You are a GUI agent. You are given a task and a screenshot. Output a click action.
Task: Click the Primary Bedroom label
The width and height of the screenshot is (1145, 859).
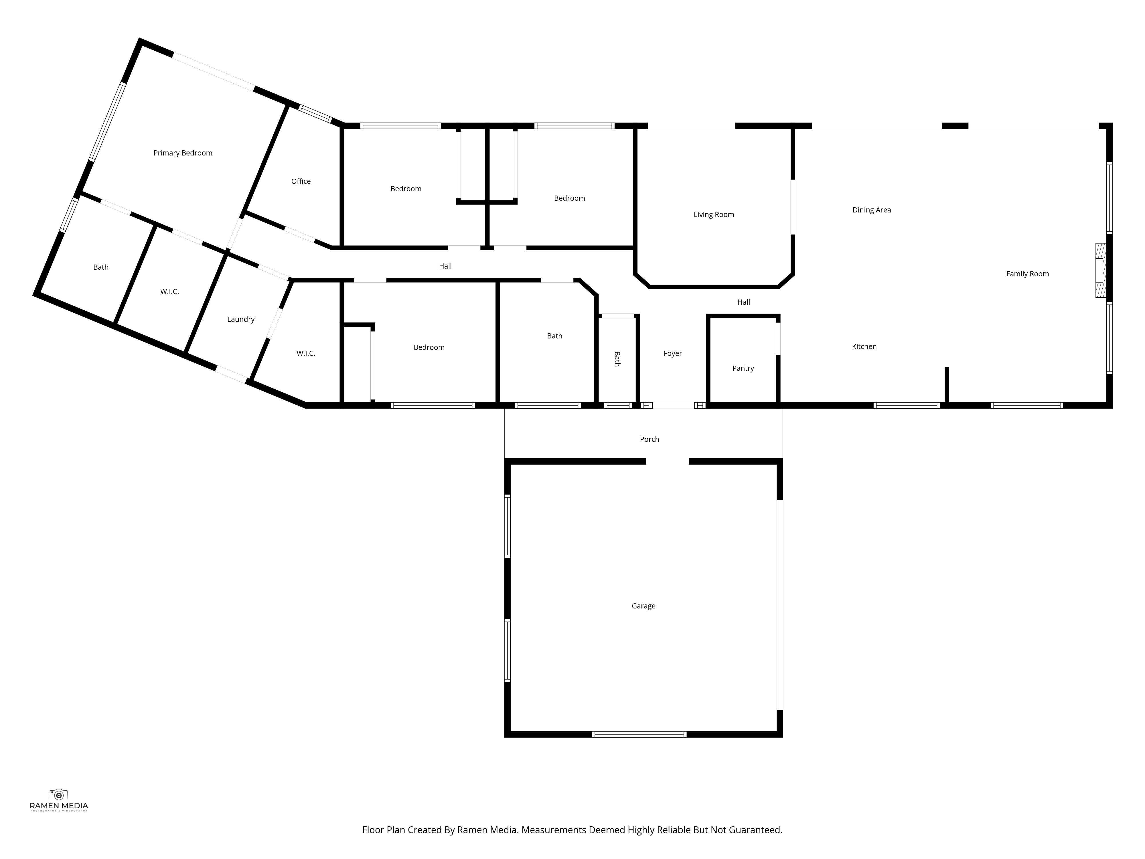[183, 153]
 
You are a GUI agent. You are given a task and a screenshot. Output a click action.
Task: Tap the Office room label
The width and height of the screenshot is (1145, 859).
[301, 181]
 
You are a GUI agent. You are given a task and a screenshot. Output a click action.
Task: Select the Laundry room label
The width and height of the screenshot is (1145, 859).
[241, 320]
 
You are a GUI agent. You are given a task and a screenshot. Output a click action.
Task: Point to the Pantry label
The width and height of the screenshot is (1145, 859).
[743, 368]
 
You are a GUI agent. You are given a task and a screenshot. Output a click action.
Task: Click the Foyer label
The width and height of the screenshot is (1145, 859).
[672, 353]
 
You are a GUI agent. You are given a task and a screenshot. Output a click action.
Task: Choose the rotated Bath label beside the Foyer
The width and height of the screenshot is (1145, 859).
[617, 359]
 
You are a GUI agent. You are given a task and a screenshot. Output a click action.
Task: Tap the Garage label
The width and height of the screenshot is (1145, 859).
[643, 606]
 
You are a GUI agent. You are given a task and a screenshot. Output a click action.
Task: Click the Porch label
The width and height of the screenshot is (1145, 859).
[649, 439]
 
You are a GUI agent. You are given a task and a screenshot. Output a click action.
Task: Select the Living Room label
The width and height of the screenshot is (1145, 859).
[713, 214]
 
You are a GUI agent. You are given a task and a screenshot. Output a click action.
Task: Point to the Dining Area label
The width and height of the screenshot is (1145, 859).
[871, 210]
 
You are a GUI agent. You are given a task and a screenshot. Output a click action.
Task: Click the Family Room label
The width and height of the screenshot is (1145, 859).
[1027, 274]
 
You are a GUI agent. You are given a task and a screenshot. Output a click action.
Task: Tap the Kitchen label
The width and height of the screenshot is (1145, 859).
[864, 346]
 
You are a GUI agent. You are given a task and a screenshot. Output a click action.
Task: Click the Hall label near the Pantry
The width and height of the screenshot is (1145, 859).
[743, 302]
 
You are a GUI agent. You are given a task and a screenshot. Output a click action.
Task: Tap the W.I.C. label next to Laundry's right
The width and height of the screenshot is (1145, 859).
[305, 353]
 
